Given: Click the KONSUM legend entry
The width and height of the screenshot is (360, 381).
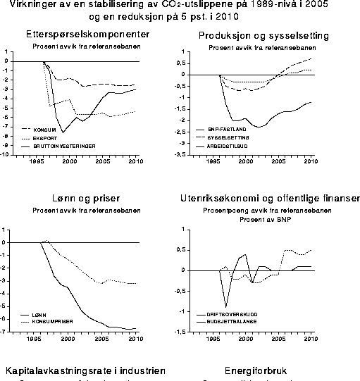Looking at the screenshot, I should pos(45,130).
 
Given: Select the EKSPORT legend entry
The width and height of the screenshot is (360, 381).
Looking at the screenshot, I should pos(46,137).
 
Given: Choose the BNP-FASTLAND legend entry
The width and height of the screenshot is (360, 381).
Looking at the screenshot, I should pos(224,130).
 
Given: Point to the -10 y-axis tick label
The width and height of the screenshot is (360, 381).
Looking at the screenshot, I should pos(5,155).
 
